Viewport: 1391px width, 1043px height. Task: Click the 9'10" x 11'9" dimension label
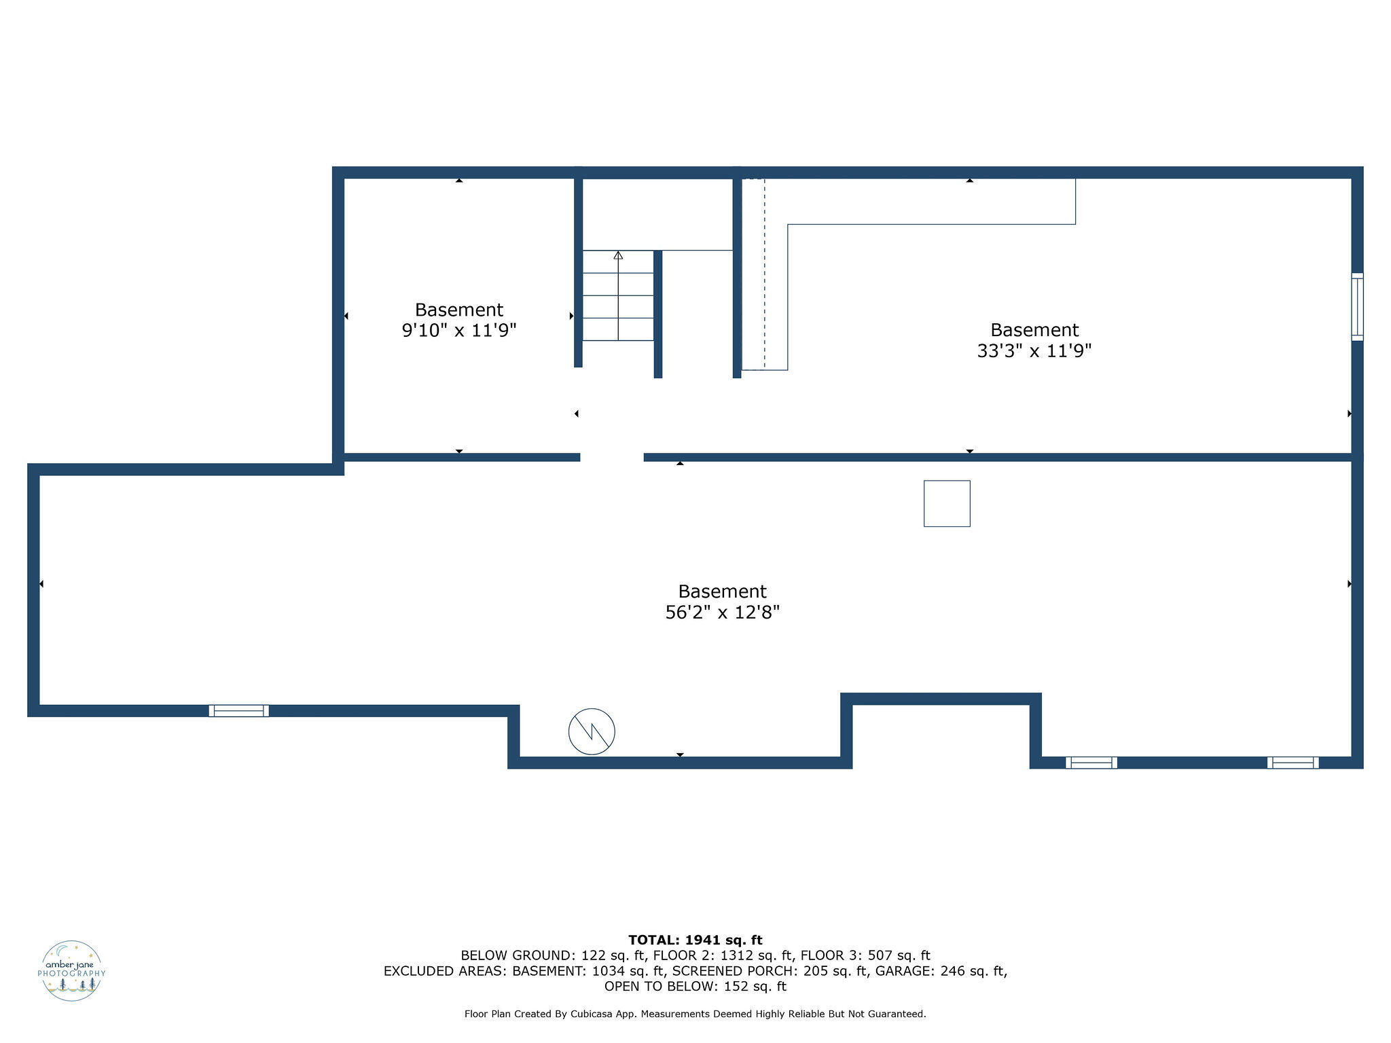tap(459, 331)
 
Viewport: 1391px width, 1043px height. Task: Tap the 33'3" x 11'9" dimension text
tap(1034, 351)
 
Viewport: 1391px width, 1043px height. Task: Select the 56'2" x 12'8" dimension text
tap(722, 612)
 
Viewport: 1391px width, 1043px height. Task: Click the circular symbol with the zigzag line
tap(592, 731)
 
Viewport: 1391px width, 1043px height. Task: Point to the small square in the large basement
tap(946, 503)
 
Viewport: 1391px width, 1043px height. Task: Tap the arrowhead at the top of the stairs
tap(618, 255)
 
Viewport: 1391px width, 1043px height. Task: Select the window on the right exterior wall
tap(1356, 306)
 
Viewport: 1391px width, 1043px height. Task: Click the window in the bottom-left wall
tap(238, 710)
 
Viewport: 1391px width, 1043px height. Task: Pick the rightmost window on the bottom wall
tap(1293, 762)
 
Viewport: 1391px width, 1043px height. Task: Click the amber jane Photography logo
tap(71, 970)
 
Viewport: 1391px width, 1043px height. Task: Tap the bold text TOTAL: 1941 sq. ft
tap(695, 940)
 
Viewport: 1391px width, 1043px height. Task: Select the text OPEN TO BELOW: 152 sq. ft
tap(695, 986)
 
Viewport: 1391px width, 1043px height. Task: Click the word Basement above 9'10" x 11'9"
tap(459, 310)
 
